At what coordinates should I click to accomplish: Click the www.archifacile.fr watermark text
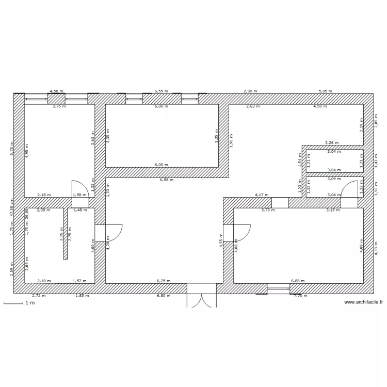click(x=363, y=302)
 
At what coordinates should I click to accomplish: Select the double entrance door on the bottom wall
click(x=201, y=296)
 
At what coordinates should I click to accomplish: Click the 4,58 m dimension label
click(x=56, y=91)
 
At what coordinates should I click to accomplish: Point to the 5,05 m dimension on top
click(x=325, y=91)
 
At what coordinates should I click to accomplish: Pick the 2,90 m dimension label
click(x=250, y=91)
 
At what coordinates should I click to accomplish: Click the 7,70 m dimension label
click(x=300, y=296)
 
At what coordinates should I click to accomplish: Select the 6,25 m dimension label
click(x=164, y=281)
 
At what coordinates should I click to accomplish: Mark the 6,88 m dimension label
click(x=298, y=281)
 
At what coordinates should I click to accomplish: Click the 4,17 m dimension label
click(x=262, y=195)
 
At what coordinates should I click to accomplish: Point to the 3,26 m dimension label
click(x=331, y=142)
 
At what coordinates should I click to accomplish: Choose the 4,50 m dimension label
click(x=320, y=106)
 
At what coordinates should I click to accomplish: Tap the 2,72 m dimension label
click(x=39, y=296)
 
